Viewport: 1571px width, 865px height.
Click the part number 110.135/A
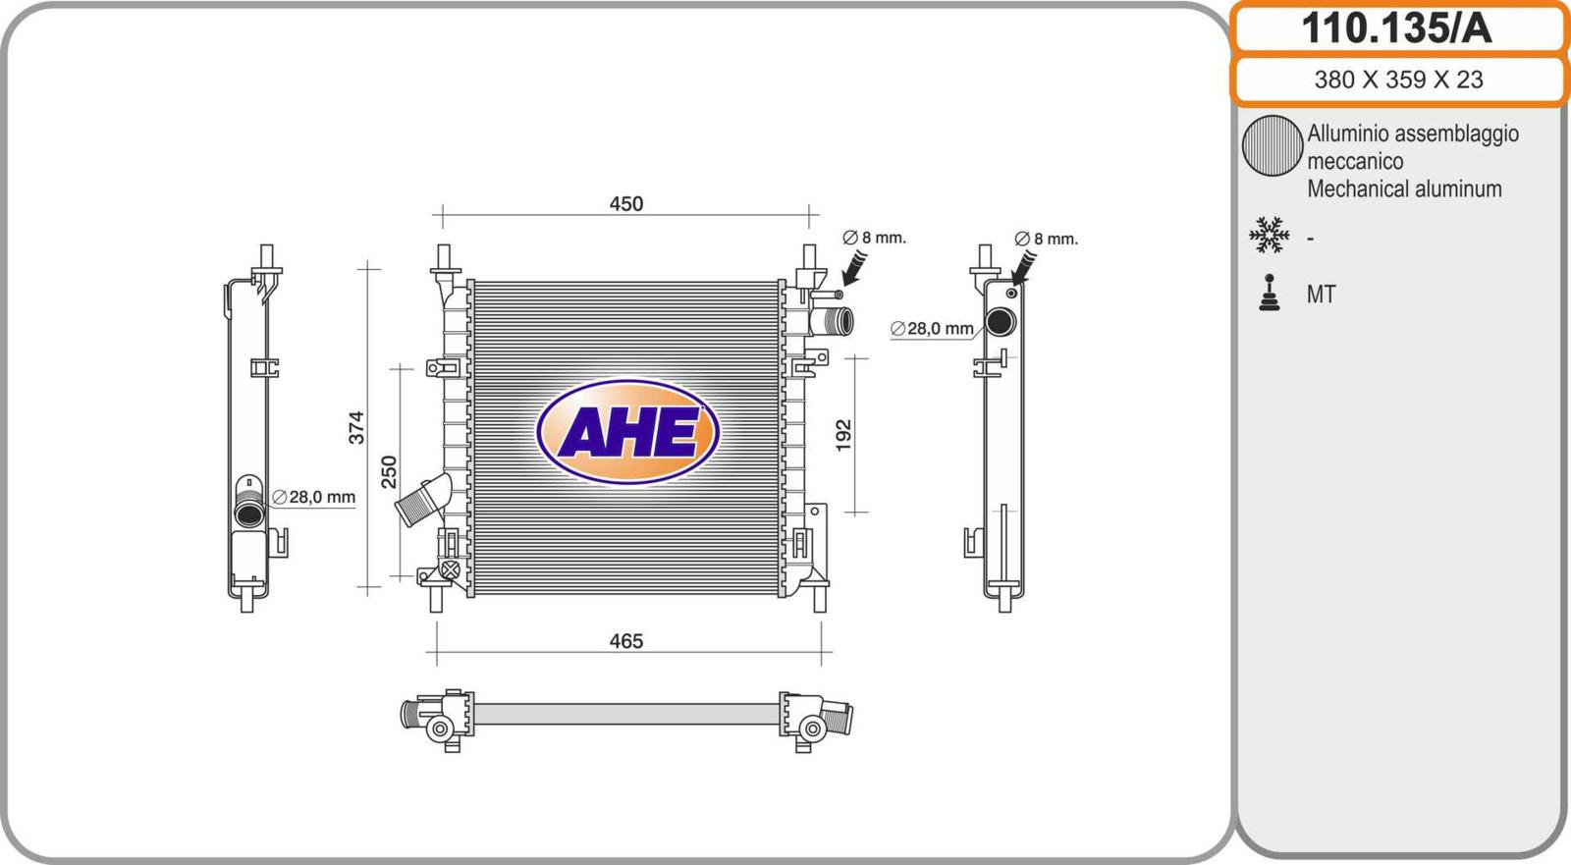pyautogui.click(x=1396, y=28)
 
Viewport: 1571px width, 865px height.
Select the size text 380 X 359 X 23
pyautogui.click(x=1398, y=80)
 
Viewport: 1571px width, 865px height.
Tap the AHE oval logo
pyautogui.click(x=627, y=431)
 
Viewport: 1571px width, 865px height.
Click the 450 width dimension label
pyautogui.click(x=625, y=203)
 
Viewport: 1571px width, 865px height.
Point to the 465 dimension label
pyautogui.click(x=625, y=641)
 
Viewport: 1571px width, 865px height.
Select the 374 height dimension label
pyautogui.click(x=356, y=427)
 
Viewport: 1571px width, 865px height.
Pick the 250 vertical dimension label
pyautogui.click(x=389, y=472)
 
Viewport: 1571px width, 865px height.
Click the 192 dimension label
pyautogui.click(x=843, y=435)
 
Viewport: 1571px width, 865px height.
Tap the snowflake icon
pyautogui.click(x=1269, y=235)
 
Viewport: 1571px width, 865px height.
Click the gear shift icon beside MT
pyautogui.click(x=1269, y=293)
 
